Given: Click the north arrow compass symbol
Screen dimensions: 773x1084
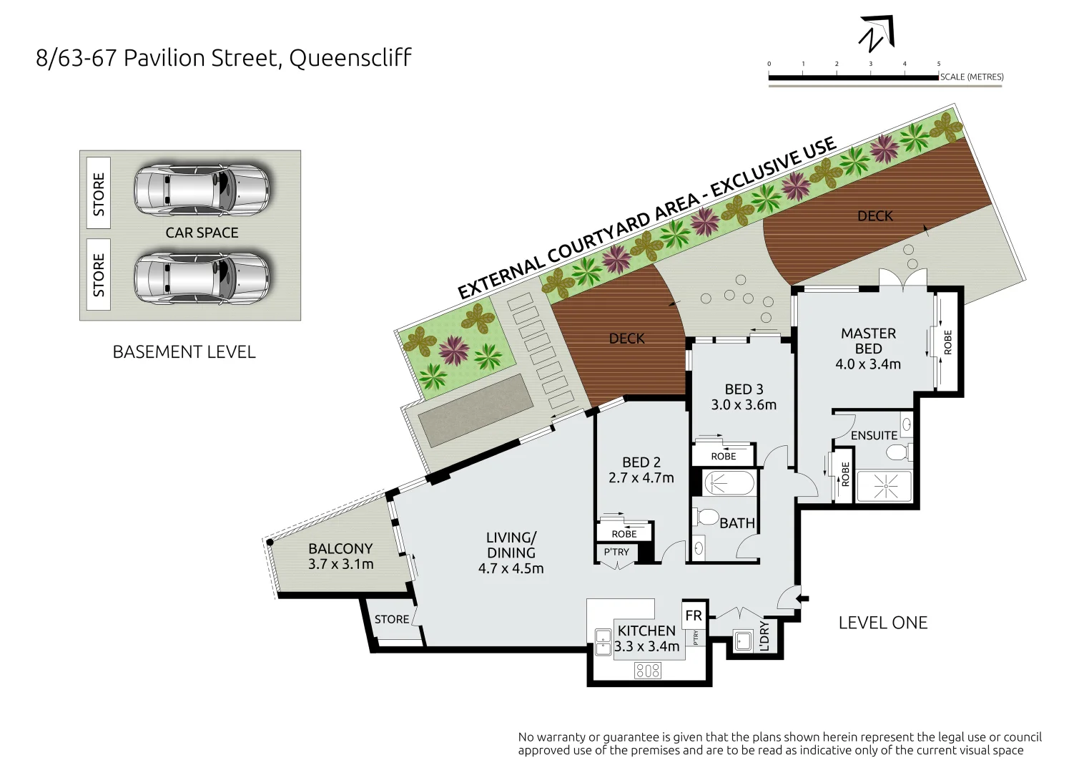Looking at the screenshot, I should click(877, 34).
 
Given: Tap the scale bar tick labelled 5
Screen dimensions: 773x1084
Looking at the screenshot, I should click(938, 64).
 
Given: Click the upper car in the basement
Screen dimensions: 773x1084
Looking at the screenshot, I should click(202, 190).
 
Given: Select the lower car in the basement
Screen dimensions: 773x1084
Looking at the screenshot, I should click(202, 278).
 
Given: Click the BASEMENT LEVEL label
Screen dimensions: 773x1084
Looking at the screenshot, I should click(184, 352).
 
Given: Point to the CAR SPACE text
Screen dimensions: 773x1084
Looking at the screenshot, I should click(202, 233).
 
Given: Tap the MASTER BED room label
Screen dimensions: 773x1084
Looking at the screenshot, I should click(868, 341).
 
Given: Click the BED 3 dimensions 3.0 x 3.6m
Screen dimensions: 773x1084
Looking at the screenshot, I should click(744, 405).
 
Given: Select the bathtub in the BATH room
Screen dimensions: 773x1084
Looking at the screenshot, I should click(729, 483).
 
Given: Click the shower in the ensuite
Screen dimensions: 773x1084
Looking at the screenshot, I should click(885, 487).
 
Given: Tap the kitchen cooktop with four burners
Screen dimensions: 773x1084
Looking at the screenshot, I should click(648, 671).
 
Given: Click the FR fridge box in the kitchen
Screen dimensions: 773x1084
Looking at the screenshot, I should click(694, 616).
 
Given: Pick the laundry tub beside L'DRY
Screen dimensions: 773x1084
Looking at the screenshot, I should click(743, 641).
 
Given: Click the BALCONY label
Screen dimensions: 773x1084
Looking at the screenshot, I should click(340, 548).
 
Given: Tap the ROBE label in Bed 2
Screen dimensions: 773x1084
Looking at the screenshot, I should click(624, 534).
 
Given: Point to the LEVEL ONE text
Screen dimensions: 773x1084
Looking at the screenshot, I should click(882, 623).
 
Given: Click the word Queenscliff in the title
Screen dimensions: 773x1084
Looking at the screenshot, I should click(350, 58).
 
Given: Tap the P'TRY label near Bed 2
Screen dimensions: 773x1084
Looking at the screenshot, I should click(616, 552).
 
